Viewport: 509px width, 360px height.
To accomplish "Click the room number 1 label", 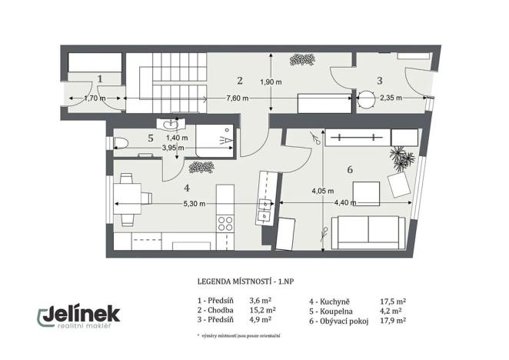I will click(x=101, y=78).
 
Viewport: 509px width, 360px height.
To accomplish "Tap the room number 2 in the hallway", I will click(x=240, y=79).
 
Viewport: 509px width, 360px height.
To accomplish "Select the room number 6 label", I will click(x=350, y=169).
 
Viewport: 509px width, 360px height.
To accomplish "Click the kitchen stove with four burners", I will click(x=226, y=224).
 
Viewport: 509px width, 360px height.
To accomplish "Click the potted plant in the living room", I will click(x=400, y=157).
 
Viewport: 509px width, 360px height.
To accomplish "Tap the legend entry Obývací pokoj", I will click(x=341, y=321).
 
